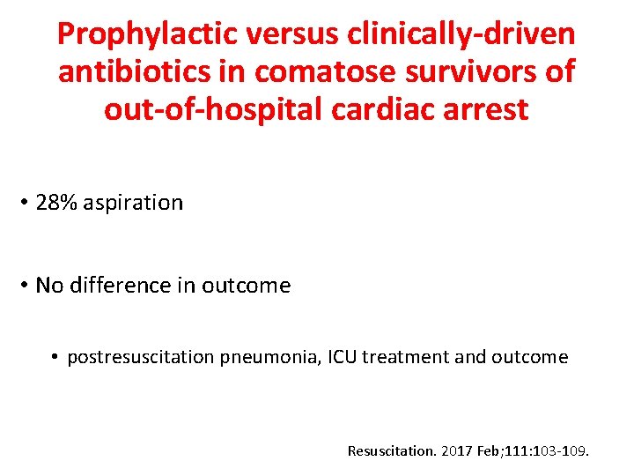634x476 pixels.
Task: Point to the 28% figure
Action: (x=55, y=203)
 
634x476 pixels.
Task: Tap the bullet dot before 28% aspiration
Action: (x=26, y=203)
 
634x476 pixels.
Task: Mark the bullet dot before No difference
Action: (x=26, y=286)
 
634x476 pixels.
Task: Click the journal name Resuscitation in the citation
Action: (x=391, y=451)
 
